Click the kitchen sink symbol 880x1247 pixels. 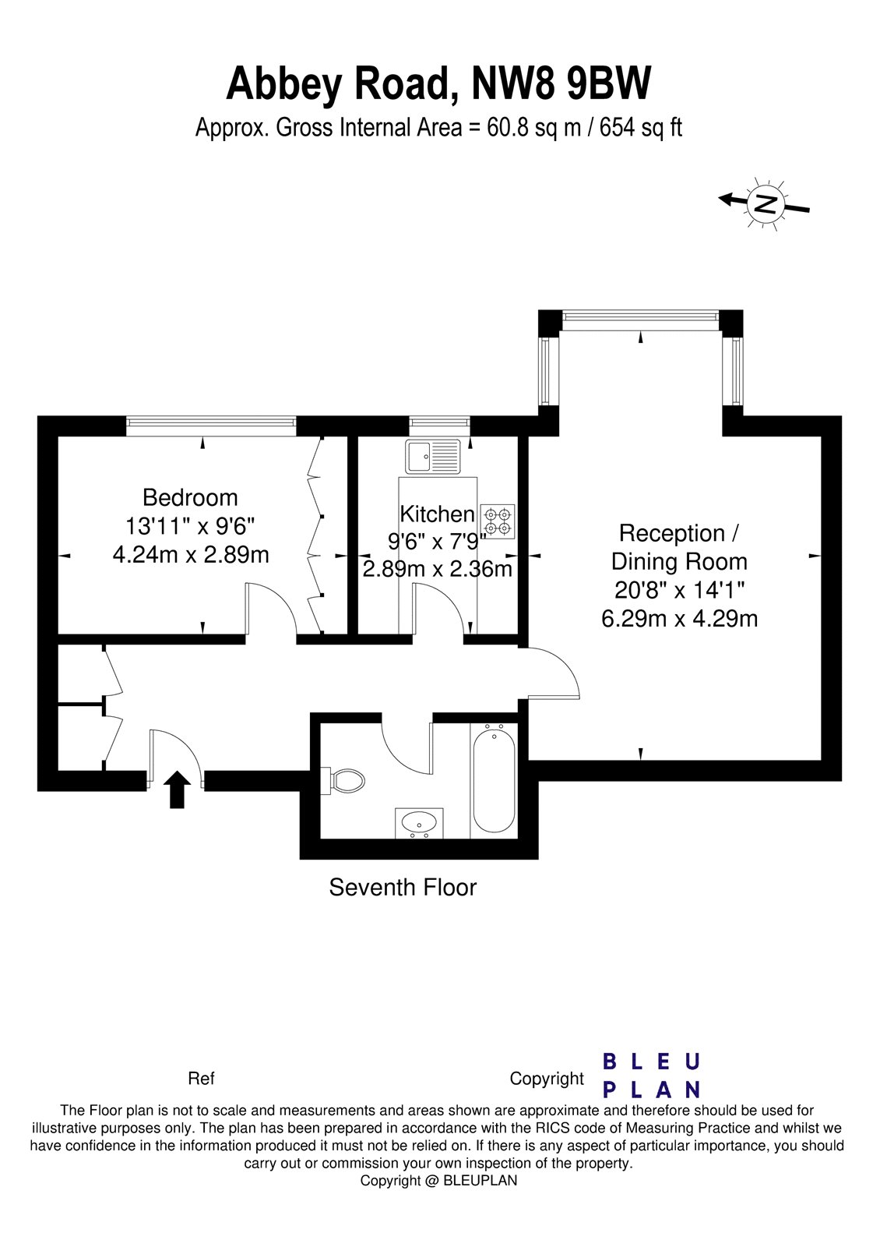click(x=434, y=455)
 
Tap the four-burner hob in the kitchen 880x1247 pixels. click(x=498, y=521)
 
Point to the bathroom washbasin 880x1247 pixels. click(x=419, y=822)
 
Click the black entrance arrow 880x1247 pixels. click(x=177, y=790)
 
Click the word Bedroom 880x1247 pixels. click(x=190, y=497)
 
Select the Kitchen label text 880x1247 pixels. click(x=437, y=514)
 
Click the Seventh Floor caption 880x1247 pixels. click(x=403, y=887)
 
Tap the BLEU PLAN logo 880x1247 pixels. click(x=652, y=1075)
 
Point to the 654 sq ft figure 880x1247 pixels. click(x=640, y=127)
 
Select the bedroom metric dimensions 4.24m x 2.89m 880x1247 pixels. click(x=191, y=554)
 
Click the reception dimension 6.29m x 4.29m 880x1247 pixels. click(x=679, y=618)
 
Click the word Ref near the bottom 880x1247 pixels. click(x=201, y=1079)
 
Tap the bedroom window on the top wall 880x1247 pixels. click(x=211, y=424)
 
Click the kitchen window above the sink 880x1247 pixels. click(x=440, y=424)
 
